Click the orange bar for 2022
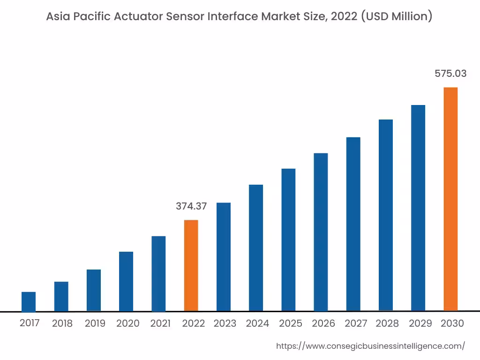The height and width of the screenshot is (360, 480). point(191,265)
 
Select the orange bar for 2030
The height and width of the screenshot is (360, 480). point(450,199)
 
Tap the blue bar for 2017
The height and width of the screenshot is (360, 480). point(29,301)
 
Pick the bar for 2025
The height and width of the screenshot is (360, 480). point(288,240)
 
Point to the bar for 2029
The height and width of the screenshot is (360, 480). point(418,208)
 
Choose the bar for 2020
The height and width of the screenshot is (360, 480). point(126,281)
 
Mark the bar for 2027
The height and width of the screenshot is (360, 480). point(353,224)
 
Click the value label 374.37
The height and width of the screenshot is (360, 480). point(191,206)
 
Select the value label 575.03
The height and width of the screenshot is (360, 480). point(450,74)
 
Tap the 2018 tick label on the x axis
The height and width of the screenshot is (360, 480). point(62,323)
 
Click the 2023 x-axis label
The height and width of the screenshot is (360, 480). point(225,323)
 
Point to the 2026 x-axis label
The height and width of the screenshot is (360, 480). point(323,323)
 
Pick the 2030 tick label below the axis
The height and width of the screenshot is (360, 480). point(452,323)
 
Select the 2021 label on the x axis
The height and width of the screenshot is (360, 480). point(160,323)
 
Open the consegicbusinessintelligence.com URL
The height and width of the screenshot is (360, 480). point(370,346)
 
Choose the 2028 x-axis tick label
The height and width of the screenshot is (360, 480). point(387,323)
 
